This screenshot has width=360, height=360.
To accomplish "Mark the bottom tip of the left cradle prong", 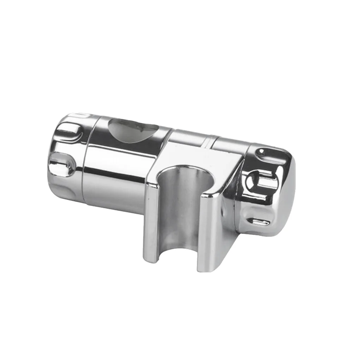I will coord(151,259).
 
